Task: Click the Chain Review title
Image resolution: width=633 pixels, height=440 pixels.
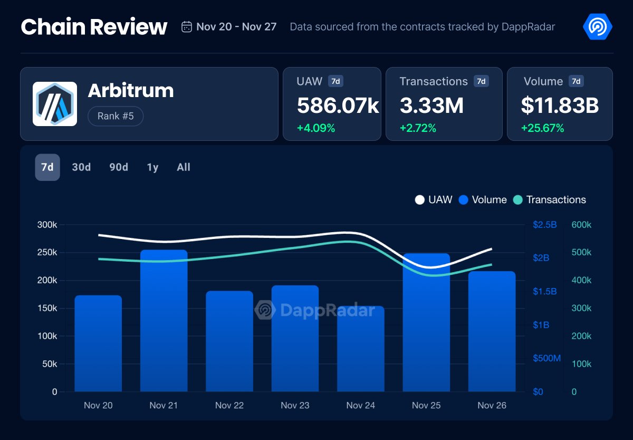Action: pyautogui.click(x=94, y=27)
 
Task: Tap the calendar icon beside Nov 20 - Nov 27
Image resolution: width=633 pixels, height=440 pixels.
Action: pyautogui.click(x=186, y=27)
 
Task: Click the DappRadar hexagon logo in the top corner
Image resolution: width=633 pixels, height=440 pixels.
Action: pyautogui.click(x=597, y=26)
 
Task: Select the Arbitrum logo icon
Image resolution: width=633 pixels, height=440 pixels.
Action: pyautogui.click(x=55, y=104)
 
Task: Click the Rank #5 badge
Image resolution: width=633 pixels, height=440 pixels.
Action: pyautogui.click(x=115, y=116)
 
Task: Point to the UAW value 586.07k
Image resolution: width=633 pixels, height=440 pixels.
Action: pyautogui.click(x=338, y=106)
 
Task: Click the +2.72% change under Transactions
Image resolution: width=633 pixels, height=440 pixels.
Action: pyautogui.click(x=418, y=128)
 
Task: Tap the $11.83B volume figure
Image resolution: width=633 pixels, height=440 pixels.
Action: pyautogui.click(x=560, y=106)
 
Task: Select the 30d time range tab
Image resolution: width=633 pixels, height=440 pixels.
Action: pyautogui.click(x=81, y=167)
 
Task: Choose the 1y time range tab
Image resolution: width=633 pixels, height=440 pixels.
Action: pyautogui.click(x=152, y=167)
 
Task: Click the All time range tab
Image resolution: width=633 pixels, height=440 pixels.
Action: pyautogui.click(x=184, y=167)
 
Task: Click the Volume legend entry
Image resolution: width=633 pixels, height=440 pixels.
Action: pyautogui.click(x=483, y=200)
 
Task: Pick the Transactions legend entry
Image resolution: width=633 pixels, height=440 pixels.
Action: pyautogui.click(x=550, y=200)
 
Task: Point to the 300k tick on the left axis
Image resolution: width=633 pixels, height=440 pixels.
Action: pyautogui.click(x=47, y=225)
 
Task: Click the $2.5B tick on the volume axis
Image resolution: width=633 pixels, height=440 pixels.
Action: pyautogui.click(x=545, y=225)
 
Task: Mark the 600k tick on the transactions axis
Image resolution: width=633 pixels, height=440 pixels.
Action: pyautogui.click(x=581, y=225)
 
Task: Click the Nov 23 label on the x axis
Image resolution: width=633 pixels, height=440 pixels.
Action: pyautogui.click(x=295, y=405)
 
